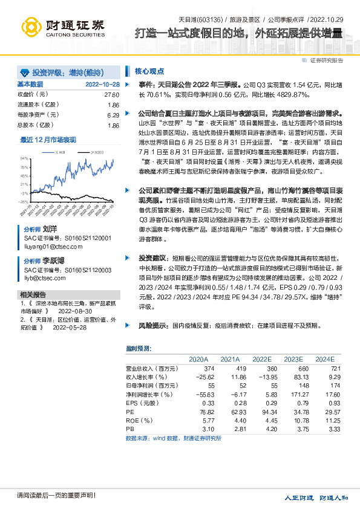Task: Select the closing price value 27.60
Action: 111,95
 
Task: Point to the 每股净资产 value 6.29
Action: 113,115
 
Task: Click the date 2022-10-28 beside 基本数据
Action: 102,84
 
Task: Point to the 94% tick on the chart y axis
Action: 24,157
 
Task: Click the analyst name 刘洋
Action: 51,230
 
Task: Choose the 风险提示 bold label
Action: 151,325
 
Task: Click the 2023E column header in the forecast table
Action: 293,359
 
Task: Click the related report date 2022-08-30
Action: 74,311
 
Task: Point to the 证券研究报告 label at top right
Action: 327,60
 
